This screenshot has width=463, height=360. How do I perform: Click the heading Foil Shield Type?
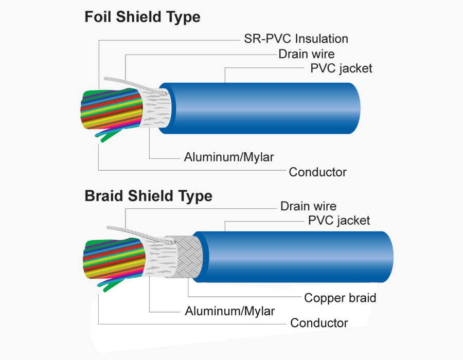pyautogui.click(x=142, y=17)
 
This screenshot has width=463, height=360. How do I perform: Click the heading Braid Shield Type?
pyautogui.click(x=148, y=196)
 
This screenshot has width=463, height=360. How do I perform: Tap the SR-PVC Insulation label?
pyautogui.click(x=296, y=39)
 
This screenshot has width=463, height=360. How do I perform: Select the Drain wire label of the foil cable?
pyautogui.click(x=306, y=53)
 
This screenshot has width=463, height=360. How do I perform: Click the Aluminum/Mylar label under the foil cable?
pyautogui.click(x=229, y=157)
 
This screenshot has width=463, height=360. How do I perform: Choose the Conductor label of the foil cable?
pyautogui.click(x=317, y=172)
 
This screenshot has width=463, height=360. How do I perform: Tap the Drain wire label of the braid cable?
pyautogui.click(x=308, y=206)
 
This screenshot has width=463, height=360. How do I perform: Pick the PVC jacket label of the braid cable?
pyautogui.click(x=339, y=221)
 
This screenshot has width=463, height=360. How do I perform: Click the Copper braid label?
pyautogui.click(x=340, y=297)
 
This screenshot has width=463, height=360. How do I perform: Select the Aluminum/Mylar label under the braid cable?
pyautogui.click(x=229, y=311)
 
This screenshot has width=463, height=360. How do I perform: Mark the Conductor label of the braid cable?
pyautogui.click(x=319, y=323)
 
